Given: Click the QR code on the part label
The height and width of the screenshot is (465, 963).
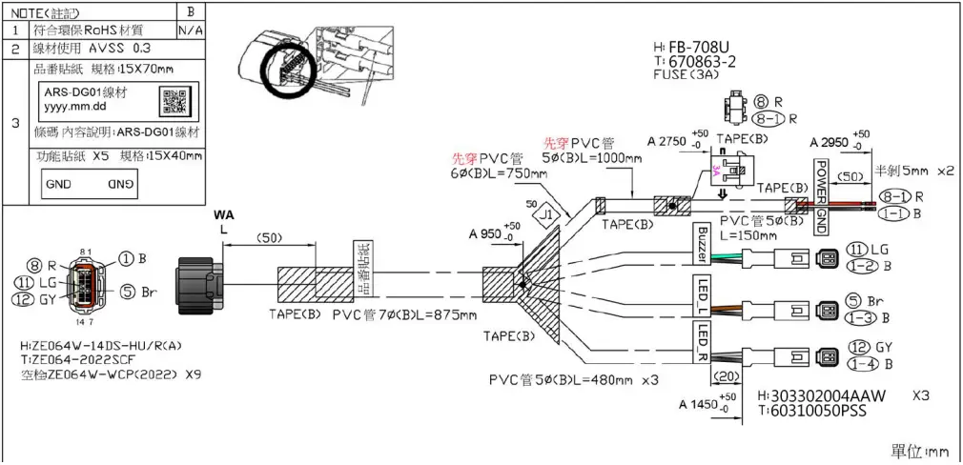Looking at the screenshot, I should click(173, 100).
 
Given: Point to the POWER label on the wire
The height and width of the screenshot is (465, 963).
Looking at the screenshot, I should click(818, 176).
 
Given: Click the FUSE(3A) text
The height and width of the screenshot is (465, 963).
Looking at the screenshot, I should click(691, 76).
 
